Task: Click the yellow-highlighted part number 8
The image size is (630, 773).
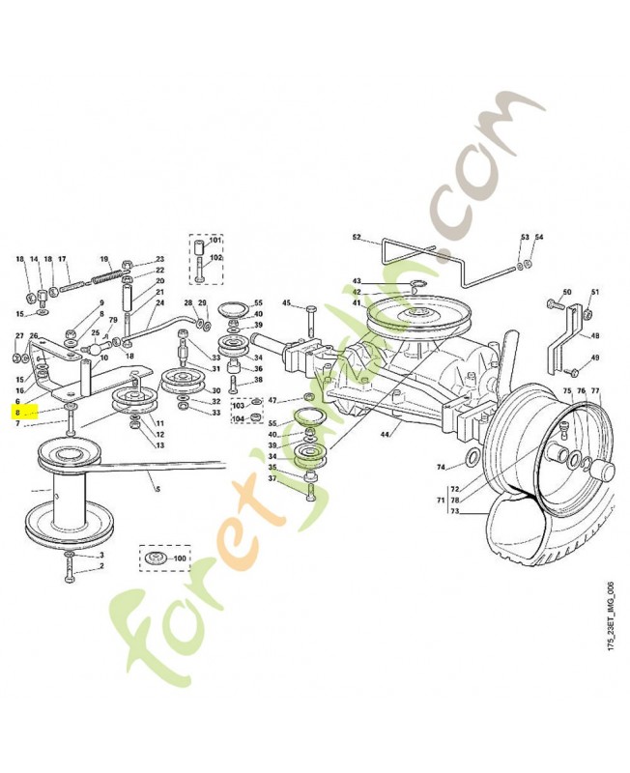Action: click(x=17, y=412)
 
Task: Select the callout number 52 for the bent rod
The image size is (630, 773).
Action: click(x=356, y=237)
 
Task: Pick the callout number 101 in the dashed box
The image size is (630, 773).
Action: click(x=215, y=239)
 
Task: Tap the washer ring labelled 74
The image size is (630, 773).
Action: click(x=469, y=455)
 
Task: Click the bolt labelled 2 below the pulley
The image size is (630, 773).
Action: click(x=72, y=576)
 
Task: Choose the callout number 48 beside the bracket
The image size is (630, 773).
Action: click(x=595, y=336)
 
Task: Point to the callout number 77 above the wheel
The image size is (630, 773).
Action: click(x=595, y=391)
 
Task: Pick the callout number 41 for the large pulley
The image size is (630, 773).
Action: click(x=356, y=303)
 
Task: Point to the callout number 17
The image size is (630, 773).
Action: click(x=62, y=259)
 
